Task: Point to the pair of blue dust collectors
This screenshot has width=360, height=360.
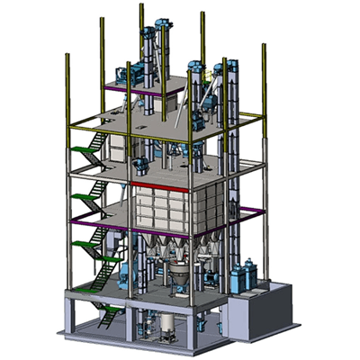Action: [x=242, y=274]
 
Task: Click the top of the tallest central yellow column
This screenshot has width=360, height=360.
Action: [x=140, y=6]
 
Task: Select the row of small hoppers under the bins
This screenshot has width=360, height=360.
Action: [x=180, y=245]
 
